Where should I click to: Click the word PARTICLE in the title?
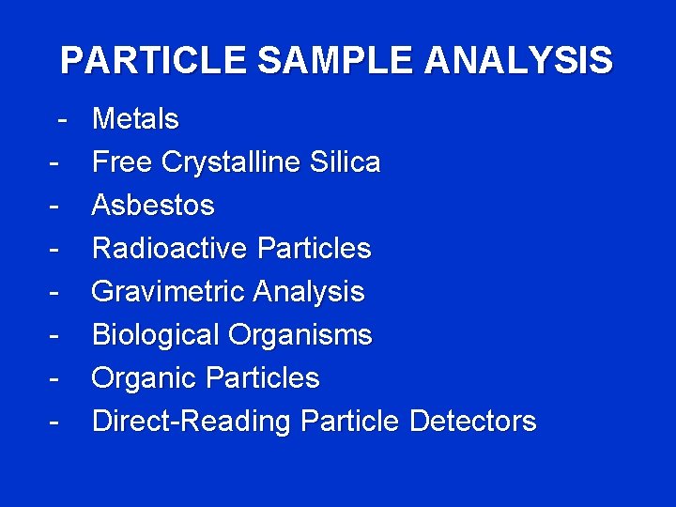(x=154, y=60)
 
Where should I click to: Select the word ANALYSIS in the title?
(x=518, y=60)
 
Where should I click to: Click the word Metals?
(x=135, y=119)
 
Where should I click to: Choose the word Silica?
(x=348, y=162)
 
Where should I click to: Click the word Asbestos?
(x=153, y=205)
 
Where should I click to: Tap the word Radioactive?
(x=170, y=248)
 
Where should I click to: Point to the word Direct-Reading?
(x=192, y=422)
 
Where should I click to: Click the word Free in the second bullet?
(x=122, y=162)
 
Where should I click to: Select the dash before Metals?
(x=61, y=120)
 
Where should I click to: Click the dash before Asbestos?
(x=56, y=206)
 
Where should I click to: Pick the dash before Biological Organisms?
(x=56, y=335)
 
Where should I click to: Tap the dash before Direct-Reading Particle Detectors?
(x=56, y=422)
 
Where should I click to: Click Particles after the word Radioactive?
(x=314, y=248)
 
